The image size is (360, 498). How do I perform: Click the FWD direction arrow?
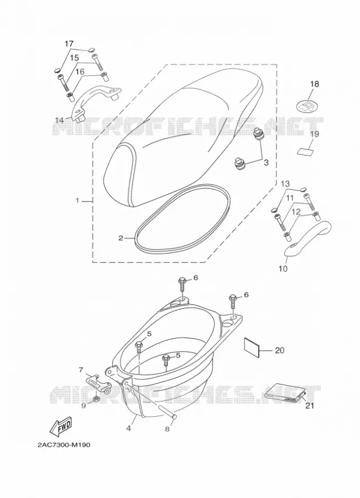[61, 427]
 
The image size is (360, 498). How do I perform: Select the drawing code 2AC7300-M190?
[64, 445]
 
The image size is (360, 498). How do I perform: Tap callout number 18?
[314, 84]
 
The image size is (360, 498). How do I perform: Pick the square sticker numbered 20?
[252, 348]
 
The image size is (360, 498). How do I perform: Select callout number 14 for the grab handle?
[59, 121]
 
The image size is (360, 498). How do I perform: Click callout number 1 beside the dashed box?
[77, 201]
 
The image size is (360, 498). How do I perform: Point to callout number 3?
[266, 163]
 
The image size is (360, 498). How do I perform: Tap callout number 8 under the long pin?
[168, 429]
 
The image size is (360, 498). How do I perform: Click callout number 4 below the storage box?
[128, 428]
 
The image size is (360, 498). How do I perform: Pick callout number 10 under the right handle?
[283, 269]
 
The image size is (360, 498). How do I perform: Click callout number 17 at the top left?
[69, 44]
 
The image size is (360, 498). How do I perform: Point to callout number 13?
[285, 184]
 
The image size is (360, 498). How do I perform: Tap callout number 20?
[280, 350]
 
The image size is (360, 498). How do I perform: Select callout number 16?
[80, 72]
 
